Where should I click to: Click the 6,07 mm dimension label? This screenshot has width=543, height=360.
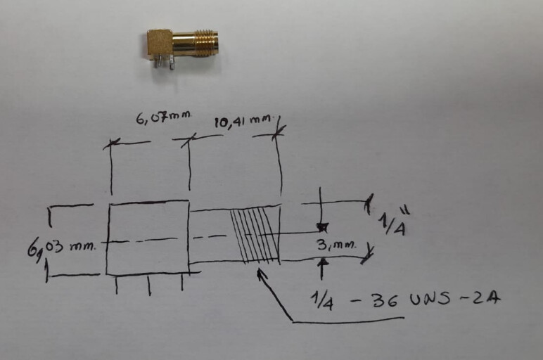(x=163, y=117)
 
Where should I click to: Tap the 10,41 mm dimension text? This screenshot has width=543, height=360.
(x=243, y=121)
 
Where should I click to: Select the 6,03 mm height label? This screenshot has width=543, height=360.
(x=61, y=248)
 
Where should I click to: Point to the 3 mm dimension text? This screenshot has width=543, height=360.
(x=336, y=245)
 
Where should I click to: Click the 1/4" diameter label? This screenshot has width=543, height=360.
(x=394, y=222)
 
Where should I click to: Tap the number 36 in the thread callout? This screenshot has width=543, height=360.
(x=385, y=300)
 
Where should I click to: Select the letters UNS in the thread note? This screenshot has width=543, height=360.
(x=430, y=298)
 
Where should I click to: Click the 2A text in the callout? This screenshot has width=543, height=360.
(x=487, y=297)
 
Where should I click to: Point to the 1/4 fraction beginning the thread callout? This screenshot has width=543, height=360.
(x=321, y=300)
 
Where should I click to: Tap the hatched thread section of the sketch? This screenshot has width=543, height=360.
(x=255, y=236)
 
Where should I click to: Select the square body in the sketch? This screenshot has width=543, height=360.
(x=148, y=238)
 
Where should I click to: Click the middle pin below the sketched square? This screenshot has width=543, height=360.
(x=149, y=285)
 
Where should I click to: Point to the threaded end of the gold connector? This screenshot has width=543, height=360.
(x=207, y=43)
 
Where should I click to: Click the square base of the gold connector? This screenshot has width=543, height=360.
(x=159, y=43)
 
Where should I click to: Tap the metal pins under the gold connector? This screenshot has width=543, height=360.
(x=165, y=62)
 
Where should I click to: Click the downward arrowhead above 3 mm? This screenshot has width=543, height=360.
(x=322, y=227)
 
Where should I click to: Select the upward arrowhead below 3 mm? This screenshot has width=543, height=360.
(x=323, y=263)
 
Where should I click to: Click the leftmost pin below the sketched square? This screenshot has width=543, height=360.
(x=116, y=285)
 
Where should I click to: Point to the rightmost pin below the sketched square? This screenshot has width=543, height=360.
(x=182, y=282)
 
